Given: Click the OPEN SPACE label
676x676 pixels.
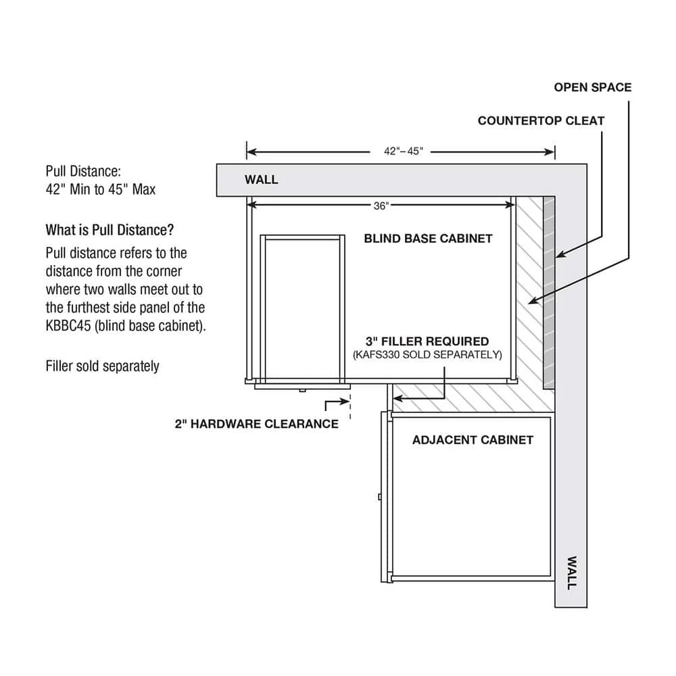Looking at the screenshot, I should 592,87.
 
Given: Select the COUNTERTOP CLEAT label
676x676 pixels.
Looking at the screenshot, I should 541,121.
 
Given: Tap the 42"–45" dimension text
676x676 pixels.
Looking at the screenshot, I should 404,151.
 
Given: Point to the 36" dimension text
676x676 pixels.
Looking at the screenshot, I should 381,206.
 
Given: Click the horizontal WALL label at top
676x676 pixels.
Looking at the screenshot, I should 261,180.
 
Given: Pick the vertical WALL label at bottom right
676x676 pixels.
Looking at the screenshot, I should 571,573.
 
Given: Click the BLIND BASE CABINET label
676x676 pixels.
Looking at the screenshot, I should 428,239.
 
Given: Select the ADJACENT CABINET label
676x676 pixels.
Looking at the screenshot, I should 473,440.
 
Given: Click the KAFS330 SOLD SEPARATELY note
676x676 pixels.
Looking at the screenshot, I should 427,354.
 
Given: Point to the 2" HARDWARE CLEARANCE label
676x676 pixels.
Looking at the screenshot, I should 257,424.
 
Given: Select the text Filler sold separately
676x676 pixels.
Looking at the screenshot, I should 102,366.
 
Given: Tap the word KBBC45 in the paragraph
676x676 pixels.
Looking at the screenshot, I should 70,325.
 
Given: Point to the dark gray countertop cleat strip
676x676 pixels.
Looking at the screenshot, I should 549,291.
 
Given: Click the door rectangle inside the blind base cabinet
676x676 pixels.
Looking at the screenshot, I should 304,308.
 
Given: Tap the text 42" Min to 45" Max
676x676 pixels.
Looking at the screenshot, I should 101,189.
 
